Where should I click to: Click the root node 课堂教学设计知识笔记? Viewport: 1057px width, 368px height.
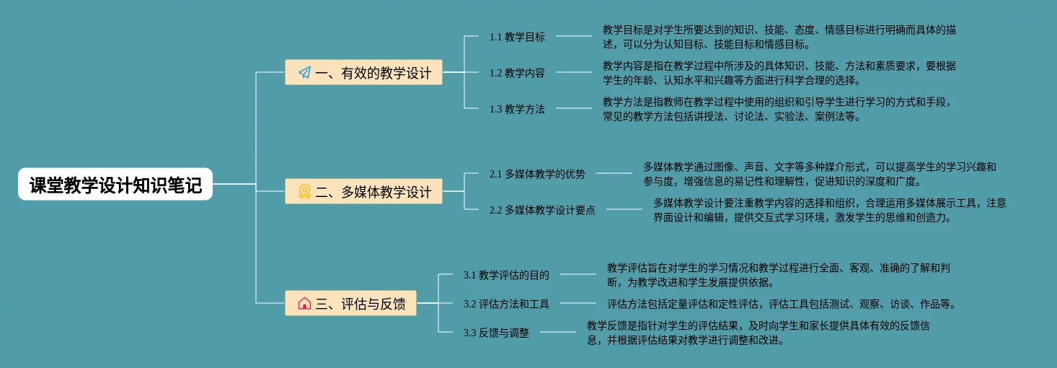pos(115,184)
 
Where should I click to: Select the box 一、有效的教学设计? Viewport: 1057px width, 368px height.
pos(363,72)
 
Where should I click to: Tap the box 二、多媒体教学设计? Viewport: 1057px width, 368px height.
pos(363,191)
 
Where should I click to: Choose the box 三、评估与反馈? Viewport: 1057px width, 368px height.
pos(350,304)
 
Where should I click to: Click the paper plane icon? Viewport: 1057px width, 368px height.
pos(304,72)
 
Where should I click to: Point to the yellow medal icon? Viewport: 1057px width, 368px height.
pos(304,191)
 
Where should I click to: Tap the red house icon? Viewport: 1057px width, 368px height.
pos(304,304)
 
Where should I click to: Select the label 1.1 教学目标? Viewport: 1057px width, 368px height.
pos(517,37)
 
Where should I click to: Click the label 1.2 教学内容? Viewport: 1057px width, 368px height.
pos(517,73)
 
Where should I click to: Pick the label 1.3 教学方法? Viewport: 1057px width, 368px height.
pos(517,109)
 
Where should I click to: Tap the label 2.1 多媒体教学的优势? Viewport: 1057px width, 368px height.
pos(537,174)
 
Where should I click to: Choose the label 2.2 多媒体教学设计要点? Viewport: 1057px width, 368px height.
pos(542,210)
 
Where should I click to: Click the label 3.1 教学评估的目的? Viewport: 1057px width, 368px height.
pos(506,275)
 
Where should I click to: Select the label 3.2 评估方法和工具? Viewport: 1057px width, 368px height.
pos(506,304)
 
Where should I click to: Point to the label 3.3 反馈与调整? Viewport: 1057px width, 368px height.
pos(496,333)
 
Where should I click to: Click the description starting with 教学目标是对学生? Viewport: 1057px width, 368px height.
pos(779,37)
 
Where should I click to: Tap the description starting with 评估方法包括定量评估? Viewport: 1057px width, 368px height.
pos(782,304)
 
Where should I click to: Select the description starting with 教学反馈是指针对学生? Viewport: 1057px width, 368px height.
pos(758,333)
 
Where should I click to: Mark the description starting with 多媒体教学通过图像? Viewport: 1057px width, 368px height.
pos(819,174)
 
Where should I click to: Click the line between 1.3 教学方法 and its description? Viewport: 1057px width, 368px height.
pos(573,109)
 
